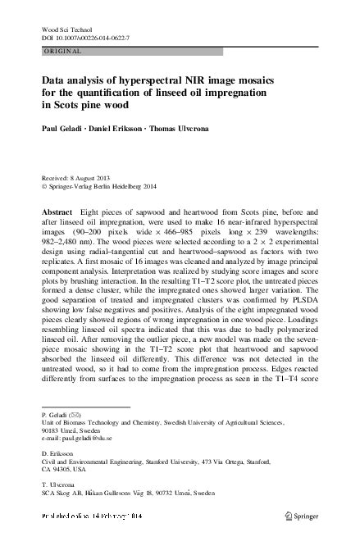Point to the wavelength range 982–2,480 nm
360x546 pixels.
68,243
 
